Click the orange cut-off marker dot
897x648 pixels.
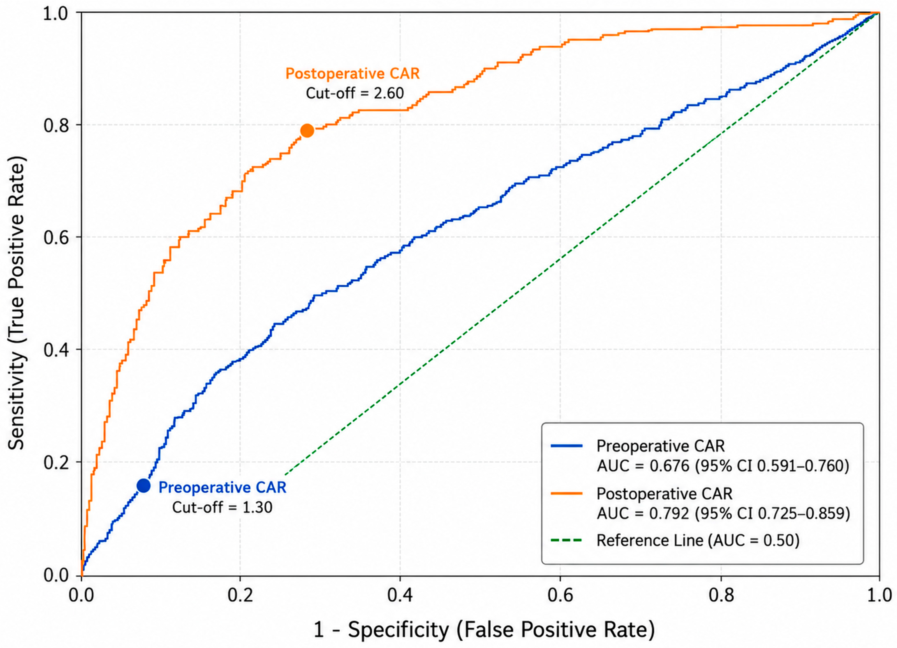pyautogui.click(x=307, y=130)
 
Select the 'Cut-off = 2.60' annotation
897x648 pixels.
pyautogui.click(x=355, y=93)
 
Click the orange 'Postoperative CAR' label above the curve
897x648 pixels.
pyautogui.click(x=352, y=74)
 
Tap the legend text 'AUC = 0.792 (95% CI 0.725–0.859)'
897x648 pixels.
pyautogui.click(x=723, y=513)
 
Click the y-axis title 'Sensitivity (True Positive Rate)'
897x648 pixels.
pyautogui.click(x=17, y=303)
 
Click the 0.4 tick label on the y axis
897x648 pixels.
pyautogui.click(x=56, y=350)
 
